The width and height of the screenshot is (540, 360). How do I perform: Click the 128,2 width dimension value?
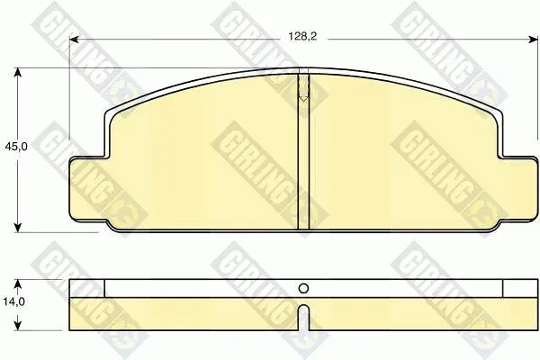[302, 37]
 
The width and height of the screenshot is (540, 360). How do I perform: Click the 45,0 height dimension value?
[16, 147]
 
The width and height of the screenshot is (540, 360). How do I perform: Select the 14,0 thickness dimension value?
[14, 302]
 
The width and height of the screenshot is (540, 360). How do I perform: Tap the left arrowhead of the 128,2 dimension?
[75, 40]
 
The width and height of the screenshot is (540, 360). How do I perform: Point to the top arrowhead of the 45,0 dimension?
[18, 72]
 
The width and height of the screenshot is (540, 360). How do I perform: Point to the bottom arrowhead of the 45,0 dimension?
[18, 228]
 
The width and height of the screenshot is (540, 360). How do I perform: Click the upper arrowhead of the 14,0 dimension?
[18, 283]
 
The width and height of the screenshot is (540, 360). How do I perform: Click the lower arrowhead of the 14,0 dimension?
[18, 326]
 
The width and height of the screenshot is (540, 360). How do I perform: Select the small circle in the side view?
[303, 288]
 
